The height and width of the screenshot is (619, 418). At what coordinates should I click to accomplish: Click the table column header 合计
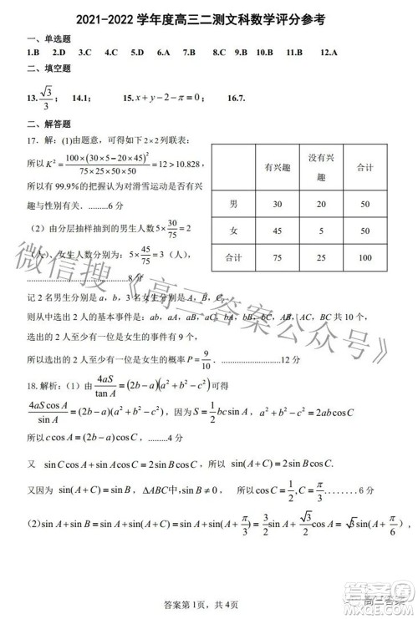click(364, 168)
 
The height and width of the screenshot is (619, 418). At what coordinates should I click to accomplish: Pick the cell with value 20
click(318, 204)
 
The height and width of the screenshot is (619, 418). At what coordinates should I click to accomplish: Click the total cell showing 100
click(364, 258)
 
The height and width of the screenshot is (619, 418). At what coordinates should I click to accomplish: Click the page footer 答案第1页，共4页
click(208, 604)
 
